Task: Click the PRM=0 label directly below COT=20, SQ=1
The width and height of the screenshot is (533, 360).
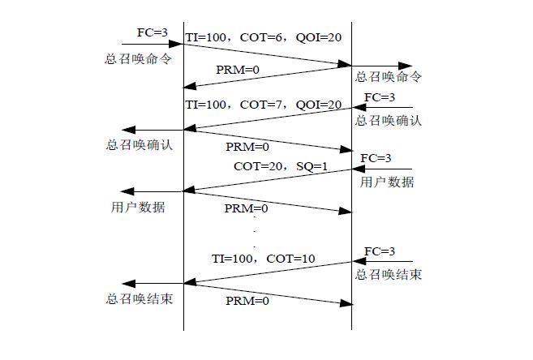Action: tap(245, 208)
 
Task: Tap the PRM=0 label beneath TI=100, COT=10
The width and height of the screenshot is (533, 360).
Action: tap(245, 301)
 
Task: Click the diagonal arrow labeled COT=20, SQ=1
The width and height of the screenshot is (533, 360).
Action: tap(268, 180)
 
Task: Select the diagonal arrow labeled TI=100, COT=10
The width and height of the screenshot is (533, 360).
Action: tap(268, 272)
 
